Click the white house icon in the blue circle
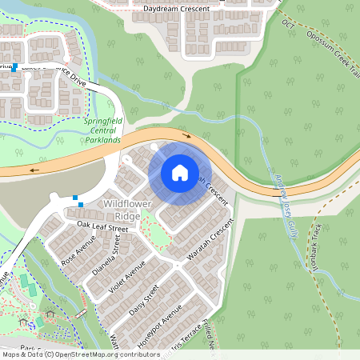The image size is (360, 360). click(180, 172)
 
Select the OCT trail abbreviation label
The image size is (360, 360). click(288, 24)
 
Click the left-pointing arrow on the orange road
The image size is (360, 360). click(34, 170)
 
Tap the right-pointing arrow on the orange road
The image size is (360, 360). click(188, 136)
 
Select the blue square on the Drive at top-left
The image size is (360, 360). click(14, 67)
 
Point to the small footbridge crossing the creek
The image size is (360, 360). click(79, 315)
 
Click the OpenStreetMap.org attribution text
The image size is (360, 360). click(96, 354)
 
